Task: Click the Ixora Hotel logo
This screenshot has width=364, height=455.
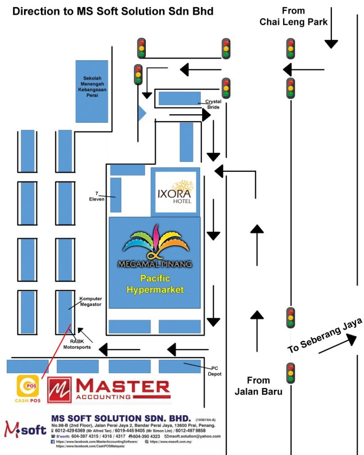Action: pos(175,191)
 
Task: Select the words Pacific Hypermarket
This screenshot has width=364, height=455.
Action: pos(155,284)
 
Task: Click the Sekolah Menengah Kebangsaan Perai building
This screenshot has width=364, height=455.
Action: pos(92,91)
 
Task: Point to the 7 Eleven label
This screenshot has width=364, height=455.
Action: pos(96,196)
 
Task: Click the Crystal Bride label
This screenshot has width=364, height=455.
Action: pos(213,104)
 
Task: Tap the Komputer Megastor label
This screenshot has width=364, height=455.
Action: pos(90,301)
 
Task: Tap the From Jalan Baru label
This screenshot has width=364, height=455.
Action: pos(258,386)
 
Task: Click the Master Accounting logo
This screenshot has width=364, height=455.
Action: pos(109,390)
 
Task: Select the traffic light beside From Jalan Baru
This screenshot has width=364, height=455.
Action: pos(291,373)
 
